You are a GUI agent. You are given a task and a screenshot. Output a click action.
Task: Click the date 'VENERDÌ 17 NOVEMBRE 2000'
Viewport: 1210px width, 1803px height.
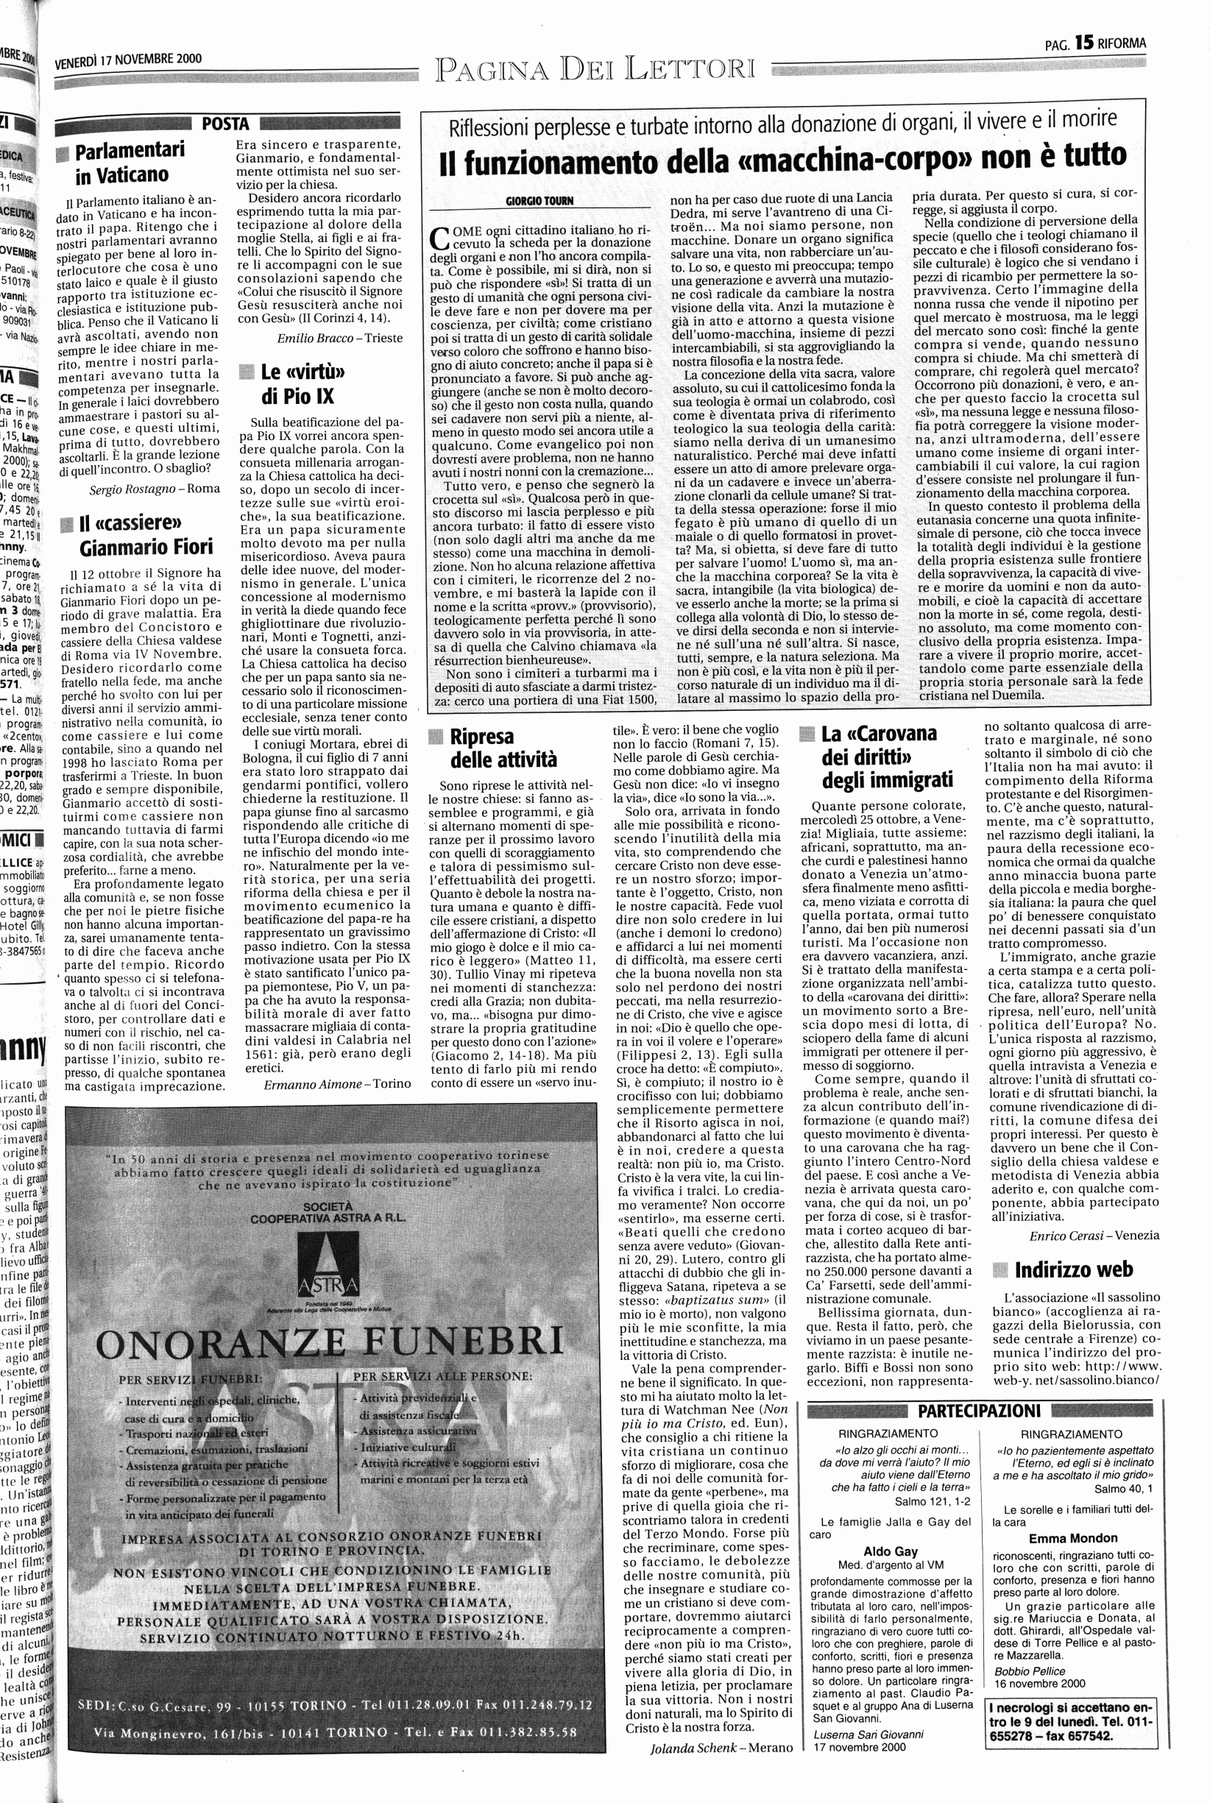coord(128,60)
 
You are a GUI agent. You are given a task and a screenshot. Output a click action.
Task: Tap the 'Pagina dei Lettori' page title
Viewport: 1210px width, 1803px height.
coord(595,68)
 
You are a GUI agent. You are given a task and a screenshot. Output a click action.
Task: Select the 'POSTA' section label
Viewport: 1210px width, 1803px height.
coord(225,124)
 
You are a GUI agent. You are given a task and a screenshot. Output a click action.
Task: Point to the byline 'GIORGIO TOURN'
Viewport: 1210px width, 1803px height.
coord(540,202)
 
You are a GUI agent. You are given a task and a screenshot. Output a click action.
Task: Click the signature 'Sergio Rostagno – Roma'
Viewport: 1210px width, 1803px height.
coord(155,489)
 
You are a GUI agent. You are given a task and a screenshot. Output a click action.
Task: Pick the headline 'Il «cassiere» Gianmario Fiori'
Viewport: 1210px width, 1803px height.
coord(143,535)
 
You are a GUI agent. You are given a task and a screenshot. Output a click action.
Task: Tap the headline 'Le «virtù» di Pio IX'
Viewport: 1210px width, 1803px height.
coord(300,383)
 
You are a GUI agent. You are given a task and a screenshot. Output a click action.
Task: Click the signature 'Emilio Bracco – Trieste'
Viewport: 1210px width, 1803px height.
coord(339,338)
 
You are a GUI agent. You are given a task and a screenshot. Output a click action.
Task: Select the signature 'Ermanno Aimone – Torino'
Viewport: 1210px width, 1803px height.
coord(337,1083)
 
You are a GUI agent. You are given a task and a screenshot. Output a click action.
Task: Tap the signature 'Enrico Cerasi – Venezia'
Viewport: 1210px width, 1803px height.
coord(1094,1235)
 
